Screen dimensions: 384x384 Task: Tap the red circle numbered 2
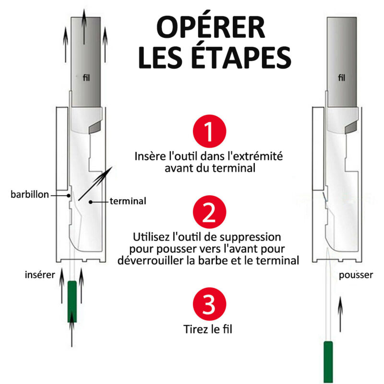pos(209,213)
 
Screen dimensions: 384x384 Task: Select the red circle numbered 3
pos(209,306)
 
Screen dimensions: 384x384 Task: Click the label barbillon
pos(29,194)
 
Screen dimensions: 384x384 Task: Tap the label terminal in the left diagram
pos(128,201)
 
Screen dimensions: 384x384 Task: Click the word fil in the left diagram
pos(85,77)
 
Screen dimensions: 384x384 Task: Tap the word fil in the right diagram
pos(341,78)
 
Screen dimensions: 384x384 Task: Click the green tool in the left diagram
pos(72,301)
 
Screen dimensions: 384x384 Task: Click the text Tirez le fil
pos(209,329)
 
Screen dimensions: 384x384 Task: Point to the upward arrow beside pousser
pos(340,312)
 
